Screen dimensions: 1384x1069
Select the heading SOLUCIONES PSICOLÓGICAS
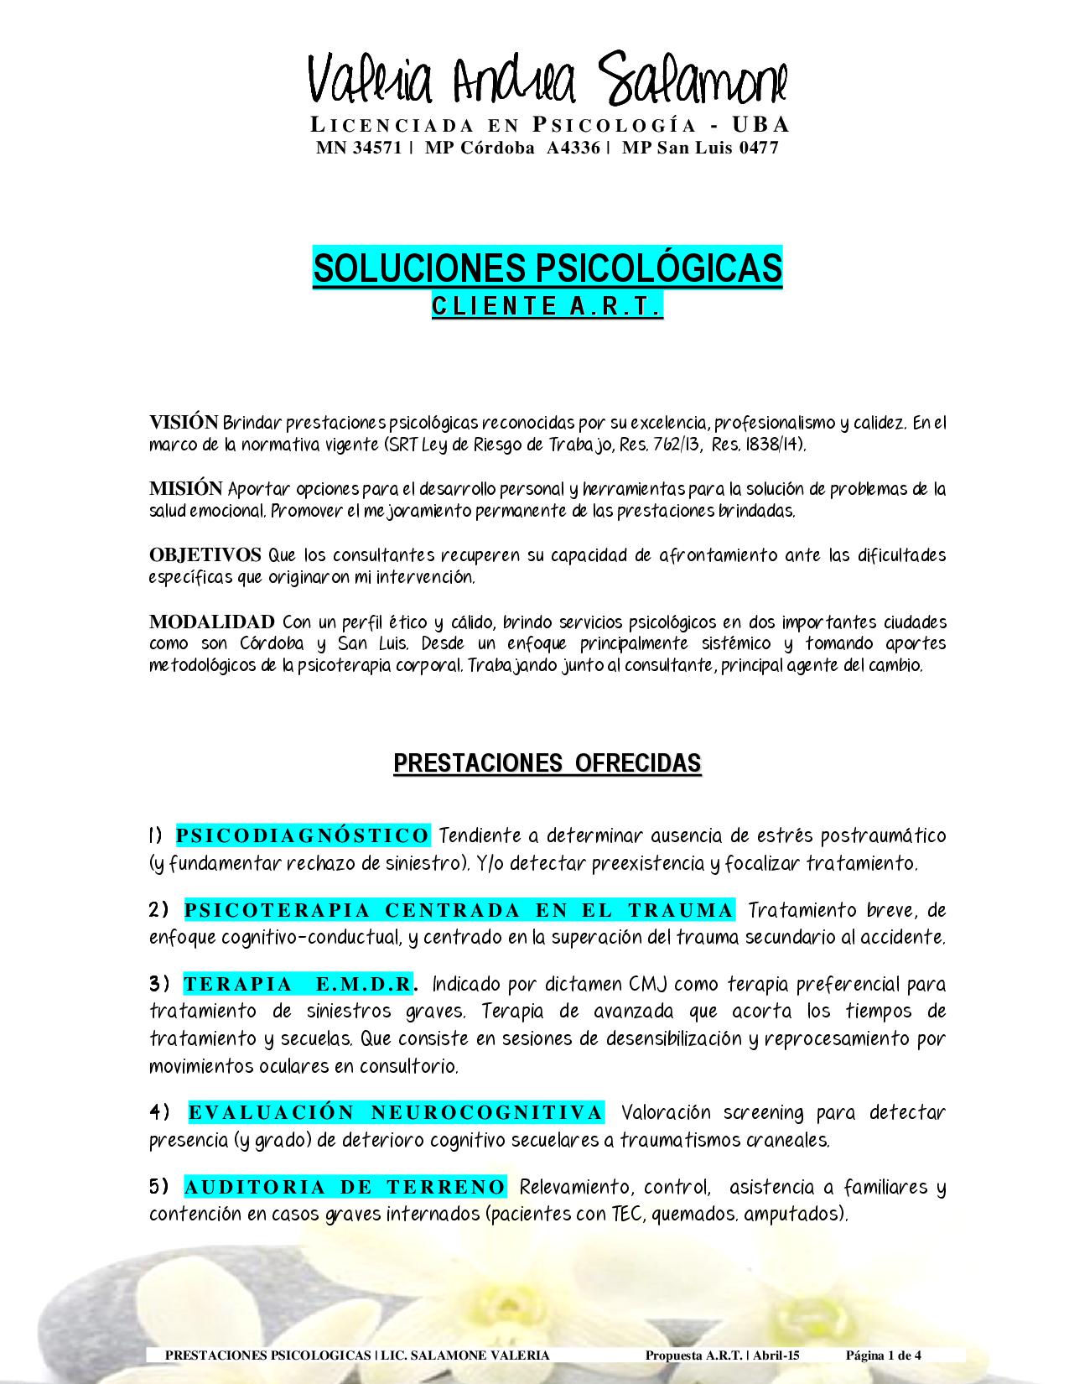click(547, 268)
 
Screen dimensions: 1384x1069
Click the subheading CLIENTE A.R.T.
click(547, 307)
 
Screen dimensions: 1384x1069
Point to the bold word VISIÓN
click(184, 422)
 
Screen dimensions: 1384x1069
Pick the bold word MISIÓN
click(186, 488)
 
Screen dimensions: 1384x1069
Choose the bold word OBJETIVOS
click(205, 555)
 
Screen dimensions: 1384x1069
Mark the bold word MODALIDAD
click(212, 622)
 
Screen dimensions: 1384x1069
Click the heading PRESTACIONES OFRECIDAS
click(547, 763)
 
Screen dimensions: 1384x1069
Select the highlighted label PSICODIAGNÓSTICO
click(303, 835)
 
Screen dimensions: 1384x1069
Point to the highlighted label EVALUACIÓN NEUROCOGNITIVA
click(396, 1113)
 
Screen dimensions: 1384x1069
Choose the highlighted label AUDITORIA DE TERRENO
click(345, 1187)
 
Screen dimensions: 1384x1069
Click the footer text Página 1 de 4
click(884, 1355)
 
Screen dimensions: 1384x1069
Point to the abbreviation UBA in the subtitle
click(761, 126)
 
